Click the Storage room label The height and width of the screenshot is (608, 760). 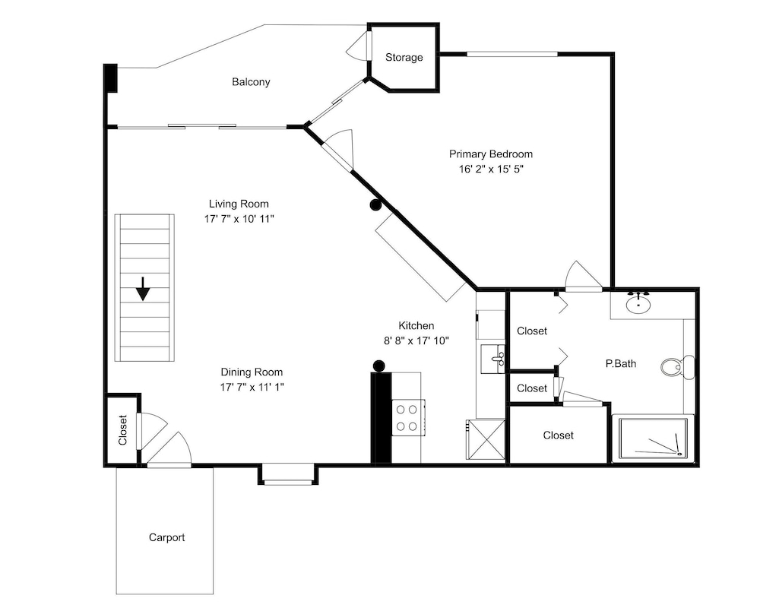tap(404, 57)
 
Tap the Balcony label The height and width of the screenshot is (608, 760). tap(251, 82)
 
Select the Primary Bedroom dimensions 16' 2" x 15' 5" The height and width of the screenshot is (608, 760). tap(491, 169)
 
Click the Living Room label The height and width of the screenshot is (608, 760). tap(239, 204)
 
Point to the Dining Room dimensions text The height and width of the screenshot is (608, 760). tap(252, 387)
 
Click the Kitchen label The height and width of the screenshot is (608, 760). tap(416, 325)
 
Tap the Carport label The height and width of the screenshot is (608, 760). tap(166, 537)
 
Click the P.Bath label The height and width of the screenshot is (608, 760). tap(620, 363)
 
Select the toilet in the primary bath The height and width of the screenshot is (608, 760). tap(677, 366)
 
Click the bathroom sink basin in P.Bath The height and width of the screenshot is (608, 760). tap(638, 304)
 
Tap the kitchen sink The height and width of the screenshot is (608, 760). tap(493, 359)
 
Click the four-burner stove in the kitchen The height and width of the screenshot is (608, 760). tap(407, 417)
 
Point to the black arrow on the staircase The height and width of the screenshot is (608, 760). tap(143, 289)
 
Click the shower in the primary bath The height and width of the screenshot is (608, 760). tap(654, 438)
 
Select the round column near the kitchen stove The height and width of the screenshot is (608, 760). tap(378, 365)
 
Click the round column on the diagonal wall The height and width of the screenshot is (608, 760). tap(375, 205)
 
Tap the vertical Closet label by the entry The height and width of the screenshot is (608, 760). tap(122, 430)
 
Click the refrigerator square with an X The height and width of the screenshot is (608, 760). tap(485, 439)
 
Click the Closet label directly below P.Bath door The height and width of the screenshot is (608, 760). tap(558, 435)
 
